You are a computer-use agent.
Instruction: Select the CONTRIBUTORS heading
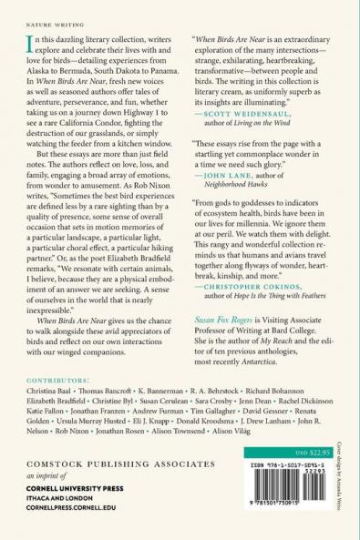(50, 378)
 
